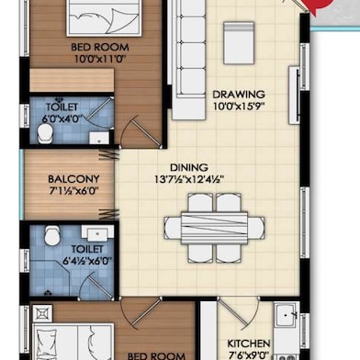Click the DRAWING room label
coord(239,94)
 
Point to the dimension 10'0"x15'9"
coord(239,107)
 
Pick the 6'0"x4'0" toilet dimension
coord(63,118)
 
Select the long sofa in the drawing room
coord(188,59)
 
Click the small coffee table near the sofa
coord(238,44)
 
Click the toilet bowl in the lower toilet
coord(51,237)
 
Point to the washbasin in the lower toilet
coord(94,233)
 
